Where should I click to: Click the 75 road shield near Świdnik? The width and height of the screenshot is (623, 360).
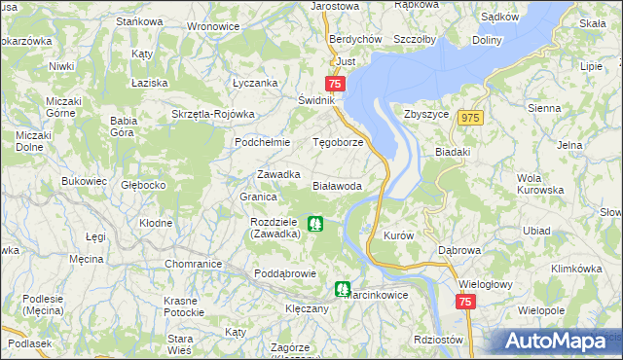[x=336, y=85]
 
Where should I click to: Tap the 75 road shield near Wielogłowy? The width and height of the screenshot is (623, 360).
[x=464, y=304]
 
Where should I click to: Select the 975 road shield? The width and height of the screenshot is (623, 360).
[x=472, y=118]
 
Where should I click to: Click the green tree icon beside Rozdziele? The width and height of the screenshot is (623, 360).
[x=314, y=225]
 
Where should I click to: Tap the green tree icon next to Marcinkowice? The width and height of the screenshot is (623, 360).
[x=342, y=288]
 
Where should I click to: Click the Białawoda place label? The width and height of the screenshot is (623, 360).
[x=337, y=185]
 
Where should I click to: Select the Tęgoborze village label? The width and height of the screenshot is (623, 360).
[x=337, y=141]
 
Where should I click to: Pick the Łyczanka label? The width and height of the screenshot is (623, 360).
[x=255, y=84]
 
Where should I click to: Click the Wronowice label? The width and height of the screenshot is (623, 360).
[x=212, y=26]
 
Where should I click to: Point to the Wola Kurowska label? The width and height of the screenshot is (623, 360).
[x=542, y=183]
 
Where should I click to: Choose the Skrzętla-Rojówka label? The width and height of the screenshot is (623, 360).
[x=212, y=113]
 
